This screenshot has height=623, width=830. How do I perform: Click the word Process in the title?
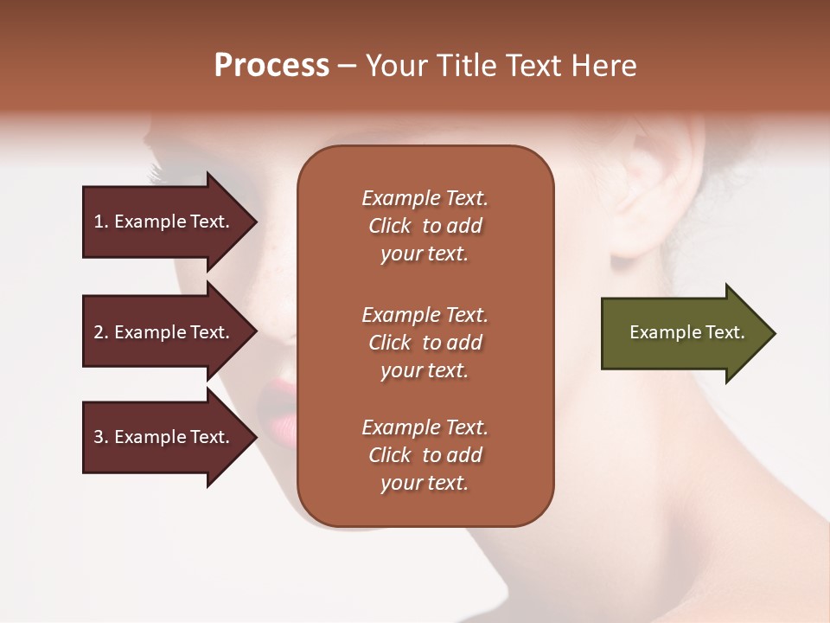271,66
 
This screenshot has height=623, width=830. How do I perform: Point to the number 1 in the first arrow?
99,222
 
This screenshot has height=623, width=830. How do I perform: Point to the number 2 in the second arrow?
99,332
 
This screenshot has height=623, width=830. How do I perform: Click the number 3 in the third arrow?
99,437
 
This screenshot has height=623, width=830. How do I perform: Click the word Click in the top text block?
389,227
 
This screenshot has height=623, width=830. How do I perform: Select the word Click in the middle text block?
389,344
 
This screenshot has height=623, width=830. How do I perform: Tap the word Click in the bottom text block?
389,456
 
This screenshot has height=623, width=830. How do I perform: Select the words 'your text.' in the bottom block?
424,484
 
